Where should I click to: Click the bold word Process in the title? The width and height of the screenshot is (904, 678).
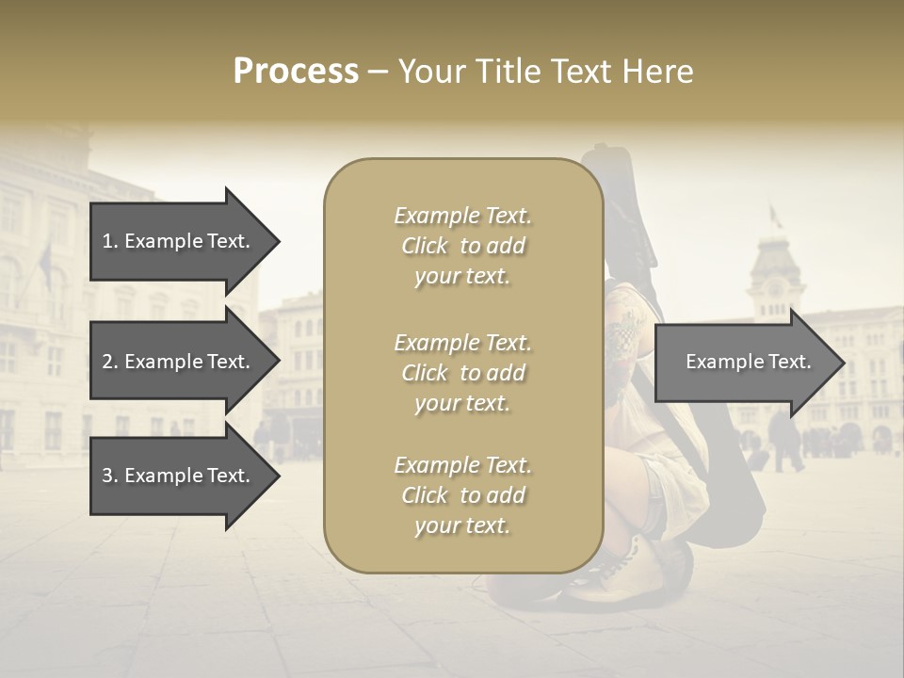[x=296, y=72]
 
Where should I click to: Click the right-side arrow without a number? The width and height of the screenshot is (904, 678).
[x=748, y=362]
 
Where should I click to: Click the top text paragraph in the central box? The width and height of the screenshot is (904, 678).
[x=462, y=246]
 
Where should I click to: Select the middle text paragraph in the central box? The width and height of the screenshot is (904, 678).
[x=462, y=373]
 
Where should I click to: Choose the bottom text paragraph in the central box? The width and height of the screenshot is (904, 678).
[x=462, y=495]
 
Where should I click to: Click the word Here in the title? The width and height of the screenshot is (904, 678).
[x=660, y=72]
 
